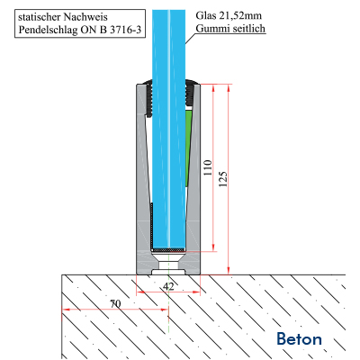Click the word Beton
click(x=299, y=339)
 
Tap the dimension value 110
click(x=208, y=167)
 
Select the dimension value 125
click(x=223, y=179)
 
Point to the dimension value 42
click(x=168, y=286)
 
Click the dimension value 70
click(x=115, y=304)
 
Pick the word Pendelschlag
click(x=47, y=30)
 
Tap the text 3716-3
click(x=126, y=30)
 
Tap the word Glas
click(x=206, y=15)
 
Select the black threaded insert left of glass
click(x=149, y=97)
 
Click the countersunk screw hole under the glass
click(x=168, y=262)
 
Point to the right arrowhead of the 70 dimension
click(x=164, y=309)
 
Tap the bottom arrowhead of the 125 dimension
click(x=229, y=271)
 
